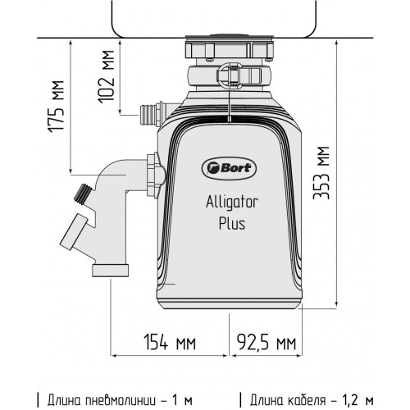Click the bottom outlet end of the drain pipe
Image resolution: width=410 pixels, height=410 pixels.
pos(110,269)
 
